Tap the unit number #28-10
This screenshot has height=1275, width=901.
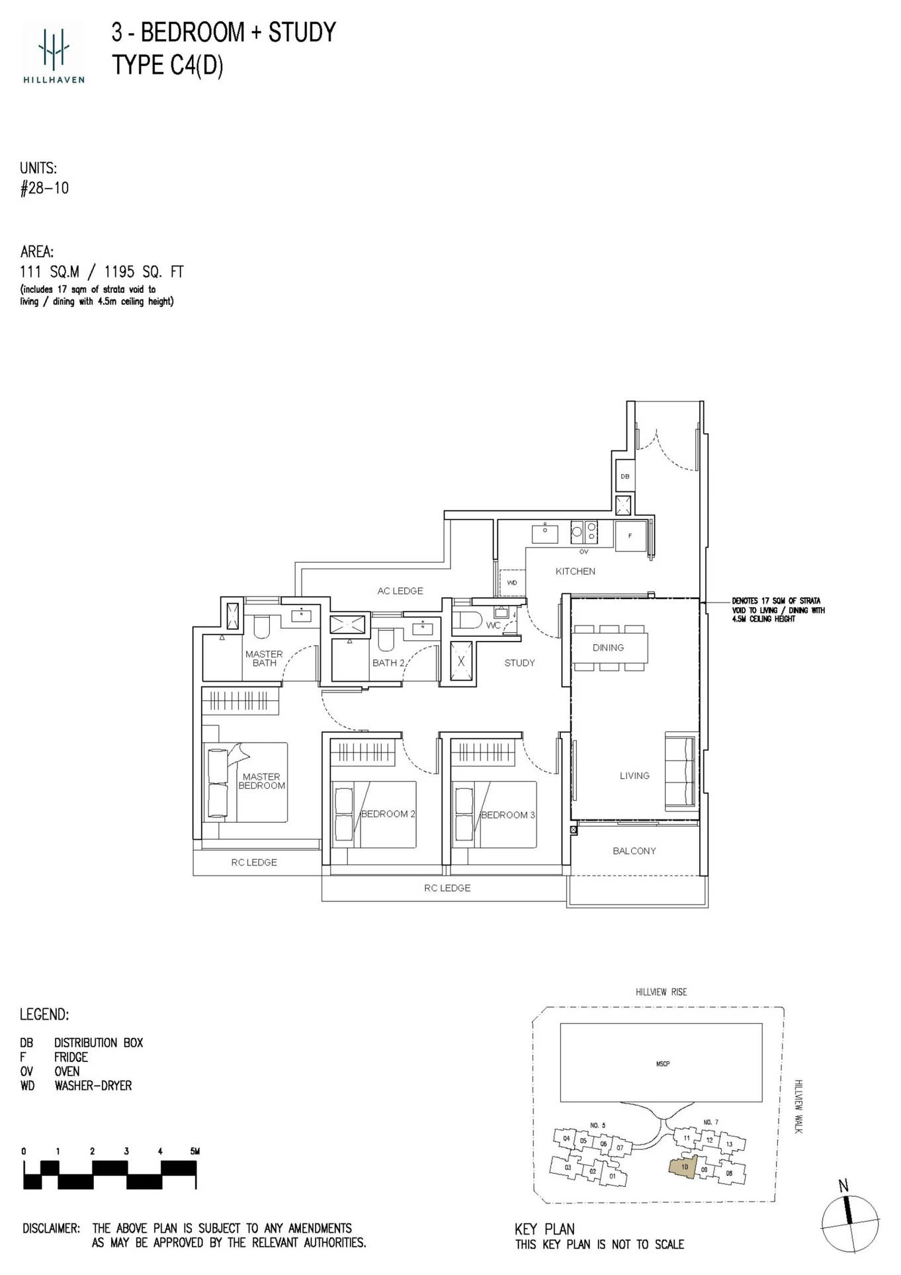44,188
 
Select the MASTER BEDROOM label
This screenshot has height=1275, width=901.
261,781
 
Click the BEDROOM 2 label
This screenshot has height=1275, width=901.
388,814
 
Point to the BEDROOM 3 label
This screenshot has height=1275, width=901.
507,815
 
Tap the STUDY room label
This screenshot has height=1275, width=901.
519,663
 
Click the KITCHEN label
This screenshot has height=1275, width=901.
575,571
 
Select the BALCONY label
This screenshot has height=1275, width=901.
634,851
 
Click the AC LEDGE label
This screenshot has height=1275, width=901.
400,591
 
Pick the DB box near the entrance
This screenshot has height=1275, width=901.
624,476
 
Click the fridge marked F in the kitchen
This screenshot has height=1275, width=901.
630,536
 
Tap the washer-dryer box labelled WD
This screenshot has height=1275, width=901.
512,583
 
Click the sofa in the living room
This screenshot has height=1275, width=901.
681,770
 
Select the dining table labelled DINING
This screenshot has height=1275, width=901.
609,648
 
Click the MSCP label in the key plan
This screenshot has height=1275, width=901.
662,1063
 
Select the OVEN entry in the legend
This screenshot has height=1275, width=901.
66,1071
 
